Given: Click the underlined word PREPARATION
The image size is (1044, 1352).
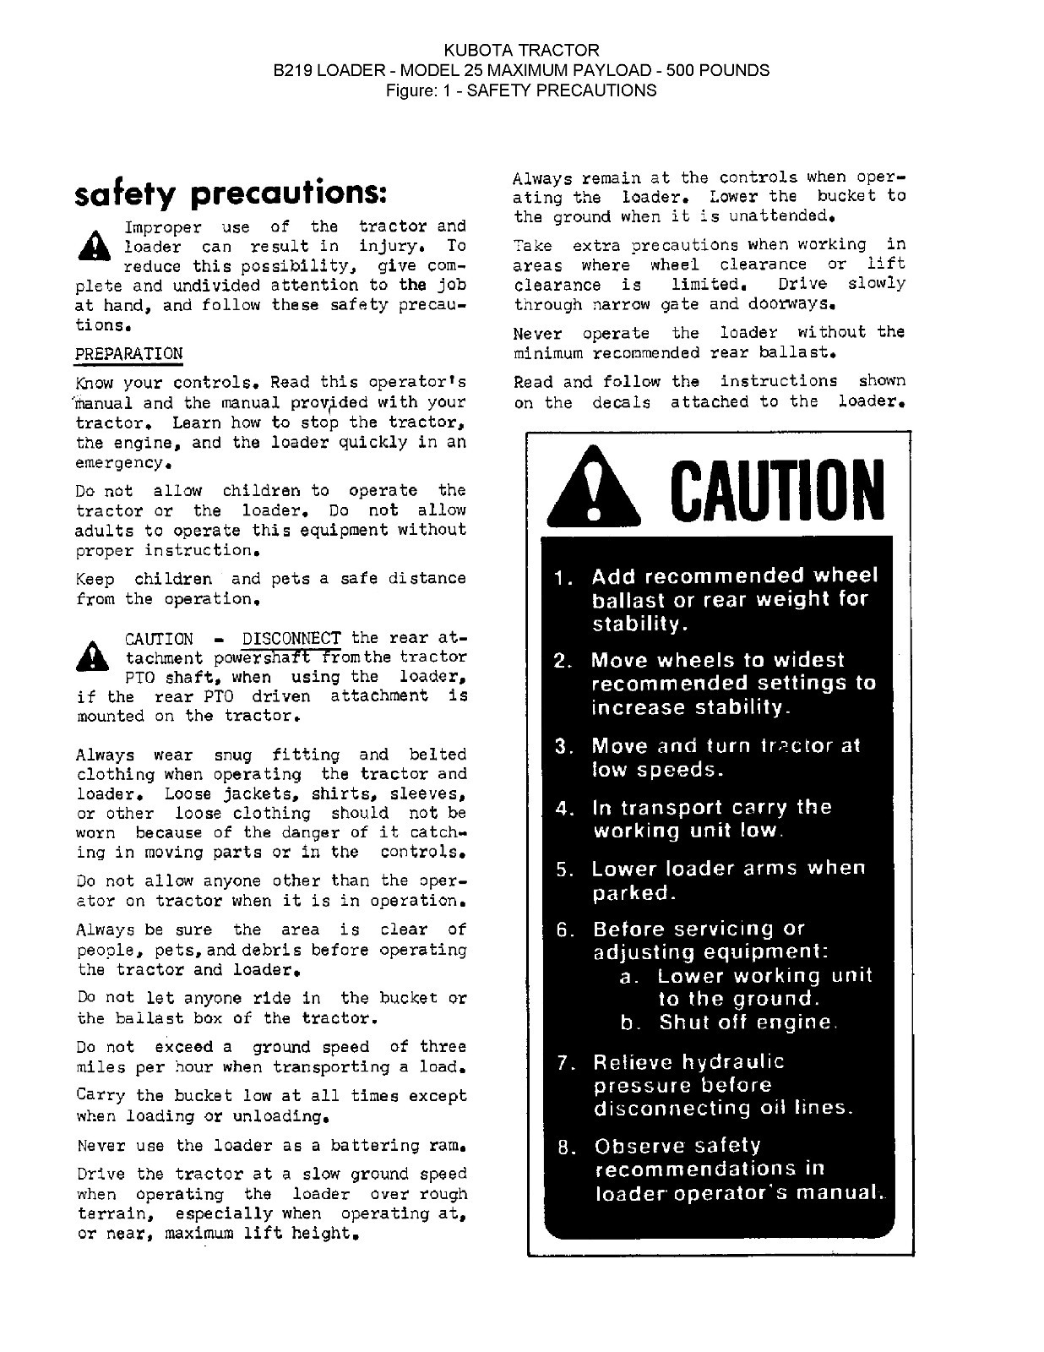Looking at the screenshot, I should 128,353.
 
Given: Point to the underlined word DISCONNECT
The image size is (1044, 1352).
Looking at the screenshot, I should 291,638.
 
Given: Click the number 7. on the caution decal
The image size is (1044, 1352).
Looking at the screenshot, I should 567,1063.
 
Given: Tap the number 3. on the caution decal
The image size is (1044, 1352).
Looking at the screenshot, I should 564,747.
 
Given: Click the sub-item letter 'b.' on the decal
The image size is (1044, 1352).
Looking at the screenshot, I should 628,1022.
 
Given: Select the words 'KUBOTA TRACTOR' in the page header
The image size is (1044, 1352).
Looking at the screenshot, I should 521,51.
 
